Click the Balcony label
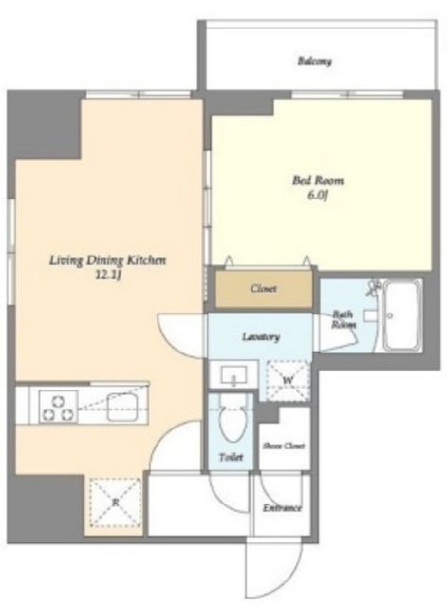[x=314, y=61]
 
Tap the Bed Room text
[x=318, y=180]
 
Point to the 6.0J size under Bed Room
[x=318, y=195]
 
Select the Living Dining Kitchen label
[x=107, y=260]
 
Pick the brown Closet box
[x=264, y=288]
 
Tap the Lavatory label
[x=261, y=337]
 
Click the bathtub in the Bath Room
[x=402, y=314]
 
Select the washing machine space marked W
[x=288, y=380]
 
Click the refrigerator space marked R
[x=115, y=503]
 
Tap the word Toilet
[x=232, y=458]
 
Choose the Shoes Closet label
[x=284, y=446]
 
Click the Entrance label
[x=282, y=508]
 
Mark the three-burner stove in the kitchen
[x=58, y=407]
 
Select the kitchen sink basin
[x=121, y=406]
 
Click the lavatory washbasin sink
[x=234, y=375]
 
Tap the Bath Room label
[x=344, y=319]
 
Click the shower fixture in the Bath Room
[x=374, y=287]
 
